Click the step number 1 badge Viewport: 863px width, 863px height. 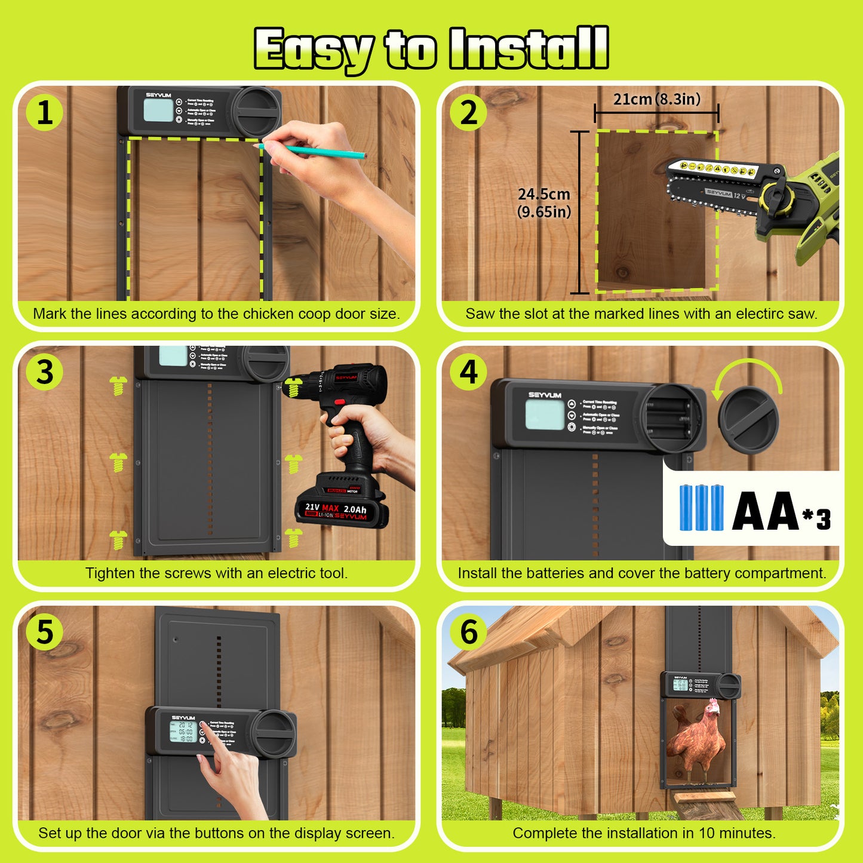coord(45,113)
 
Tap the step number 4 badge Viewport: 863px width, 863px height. coord(469,372)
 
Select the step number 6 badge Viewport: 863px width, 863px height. coord(469,632)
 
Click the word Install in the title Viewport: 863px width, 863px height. coord(529,49)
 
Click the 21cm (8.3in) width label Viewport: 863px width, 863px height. coord(656,99)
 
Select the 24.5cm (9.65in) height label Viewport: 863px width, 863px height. coord(544,203)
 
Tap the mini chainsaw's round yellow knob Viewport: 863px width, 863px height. coord(776,195)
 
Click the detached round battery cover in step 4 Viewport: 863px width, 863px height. coord(748,419)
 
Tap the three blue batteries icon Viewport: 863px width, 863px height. coord(701,508)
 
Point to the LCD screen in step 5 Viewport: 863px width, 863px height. coord(183,732)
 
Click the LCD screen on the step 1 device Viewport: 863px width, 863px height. coord(158,110)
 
